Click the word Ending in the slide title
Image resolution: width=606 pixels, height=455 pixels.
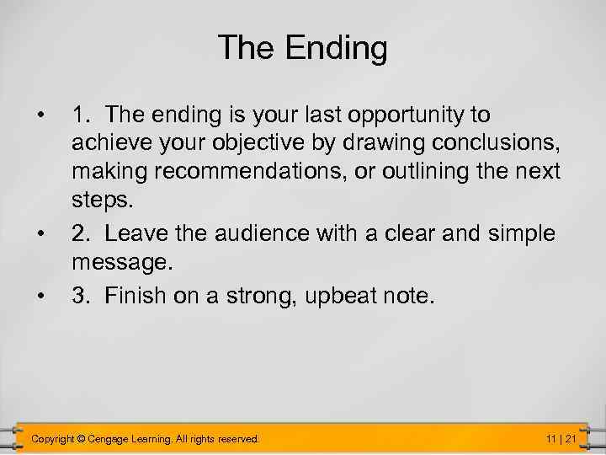click(337, 49)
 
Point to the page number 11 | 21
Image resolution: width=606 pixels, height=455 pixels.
click(561, 439)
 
